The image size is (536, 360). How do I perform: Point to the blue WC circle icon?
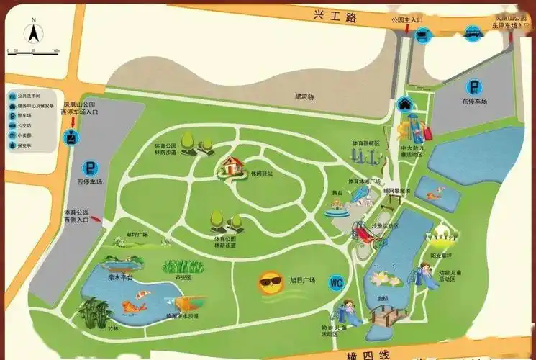coord(337,282)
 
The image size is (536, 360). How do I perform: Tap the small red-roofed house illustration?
coord(231,166)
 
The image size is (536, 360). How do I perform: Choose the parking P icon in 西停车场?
coord(91,169)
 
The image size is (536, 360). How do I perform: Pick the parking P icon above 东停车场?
coord(474,85)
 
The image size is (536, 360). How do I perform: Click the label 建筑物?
coord(304,96)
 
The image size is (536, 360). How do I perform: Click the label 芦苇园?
coord(183,277)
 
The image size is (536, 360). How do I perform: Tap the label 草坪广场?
coord(137,235)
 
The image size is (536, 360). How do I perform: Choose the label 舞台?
coord(337,194)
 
